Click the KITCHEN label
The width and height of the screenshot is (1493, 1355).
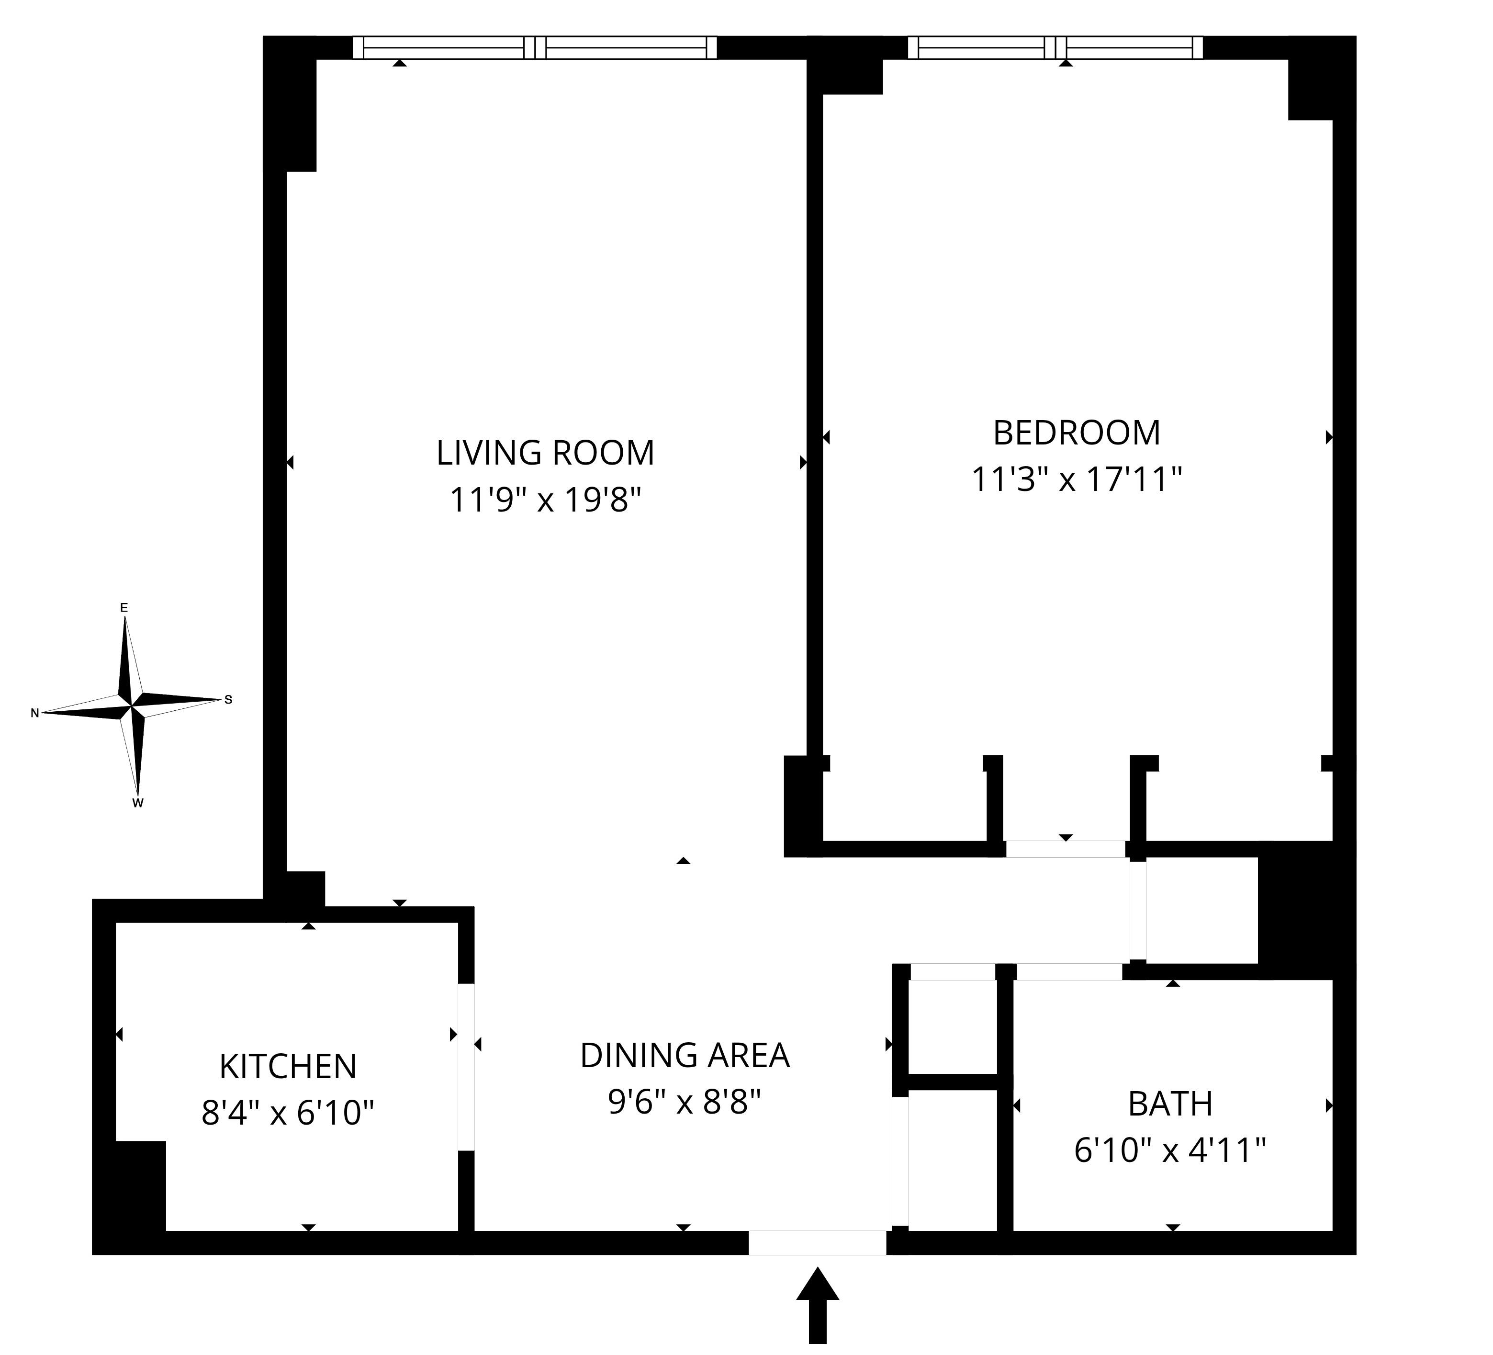tap(288, 1066)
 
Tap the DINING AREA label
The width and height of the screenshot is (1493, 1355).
tap(685, 1055)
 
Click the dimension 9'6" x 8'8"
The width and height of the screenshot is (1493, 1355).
tap(685, 1103)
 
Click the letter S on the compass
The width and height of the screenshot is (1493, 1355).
tap(228, 699)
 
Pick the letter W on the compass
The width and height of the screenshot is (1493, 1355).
tap(138, 803)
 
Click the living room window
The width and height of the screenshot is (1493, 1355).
tap(535, 47)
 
